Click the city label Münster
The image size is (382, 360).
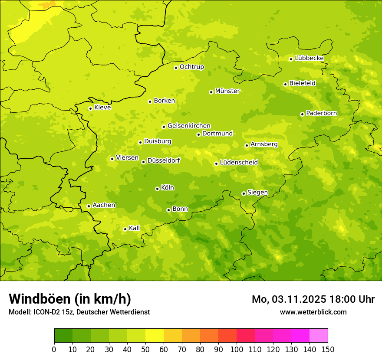pyautogui.click(x=227, y=91)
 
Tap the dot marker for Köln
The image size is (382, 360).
pyautogui.click(x=157, y=189)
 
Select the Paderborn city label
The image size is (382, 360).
pyautogui.click(x=321, y=113)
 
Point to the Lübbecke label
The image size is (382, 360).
pyautogui.click(x=309, y=58)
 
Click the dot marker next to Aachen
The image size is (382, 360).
pyautogui.click(x=89, y=206)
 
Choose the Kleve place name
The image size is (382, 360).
pyautogui.click(x=102, y=108)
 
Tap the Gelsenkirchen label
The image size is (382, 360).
pyautogui.click(x=189, y=126)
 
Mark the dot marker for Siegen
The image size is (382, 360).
pyautogui.click(x=244, y=194)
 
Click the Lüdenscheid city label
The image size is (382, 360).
pyautogui.click(x=239, y=163)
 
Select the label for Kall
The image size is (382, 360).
pyautogui.click(x=135, y=228)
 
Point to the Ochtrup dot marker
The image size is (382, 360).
pyautogui.click(x=176, y=68)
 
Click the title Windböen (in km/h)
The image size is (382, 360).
pyautogui.click(x=70, y=299)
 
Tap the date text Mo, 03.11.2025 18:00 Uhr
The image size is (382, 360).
pyautogui.click(x=313, y=299)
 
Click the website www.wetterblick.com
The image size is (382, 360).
pyautogui.click(x=313, y=312)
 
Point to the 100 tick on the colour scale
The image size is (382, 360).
pyautogui.click(x=237, y=349)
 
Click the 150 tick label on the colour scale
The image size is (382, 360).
pyautogui.click(x=328, y=349)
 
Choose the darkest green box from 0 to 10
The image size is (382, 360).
pyautogui.click(x=63, y=336)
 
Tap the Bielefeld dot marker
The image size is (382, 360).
pyautogui.click(x=285, y=84)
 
